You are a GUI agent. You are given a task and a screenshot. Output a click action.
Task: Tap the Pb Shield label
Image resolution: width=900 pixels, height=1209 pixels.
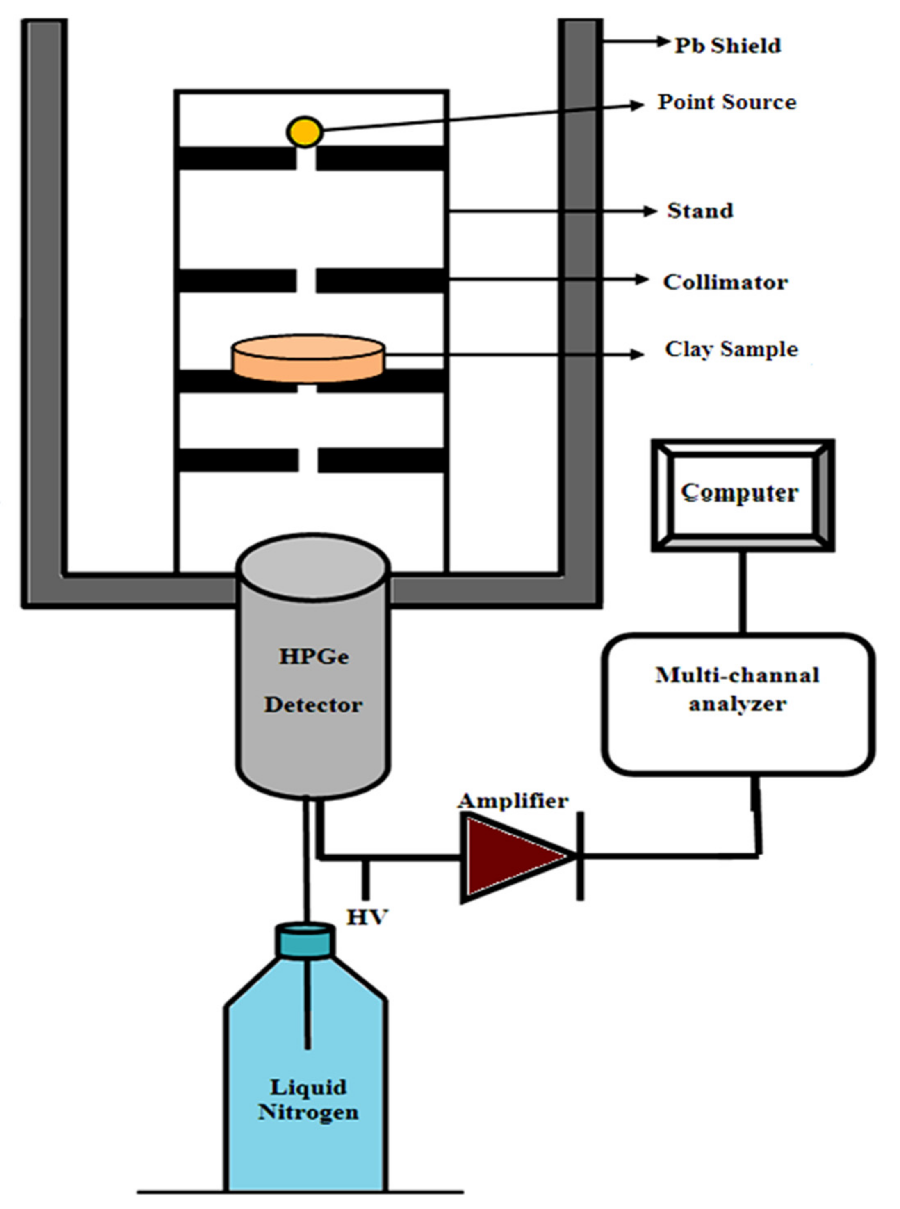(728, 46)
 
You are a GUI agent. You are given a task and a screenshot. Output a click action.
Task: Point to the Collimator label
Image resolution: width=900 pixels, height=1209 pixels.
(725, 282)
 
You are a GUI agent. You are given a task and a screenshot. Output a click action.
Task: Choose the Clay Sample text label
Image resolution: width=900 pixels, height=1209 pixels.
(731, 349)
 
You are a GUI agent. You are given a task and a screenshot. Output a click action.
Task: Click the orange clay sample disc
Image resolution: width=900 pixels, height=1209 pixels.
(309, 358)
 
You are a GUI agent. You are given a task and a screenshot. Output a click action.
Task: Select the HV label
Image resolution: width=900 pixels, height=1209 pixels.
(367, 917)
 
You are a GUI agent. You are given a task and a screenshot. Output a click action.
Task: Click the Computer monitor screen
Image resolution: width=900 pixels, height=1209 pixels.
(743, 495)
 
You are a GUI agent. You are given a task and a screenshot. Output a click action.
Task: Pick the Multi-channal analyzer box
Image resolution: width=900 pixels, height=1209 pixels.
(738, 705)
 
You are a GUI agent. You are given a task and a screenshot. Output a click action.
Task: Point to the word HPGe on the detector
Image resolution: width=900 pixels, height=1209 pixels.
(314, 657)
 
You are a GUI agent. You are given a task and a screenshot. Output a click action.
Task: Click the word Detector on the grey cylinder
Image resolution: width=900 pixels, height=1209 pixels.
(313, 705)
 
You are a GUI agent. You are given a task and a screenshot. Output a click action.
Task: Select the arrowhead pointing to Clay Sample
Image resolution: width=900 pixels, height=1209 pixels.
(638, 355)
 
